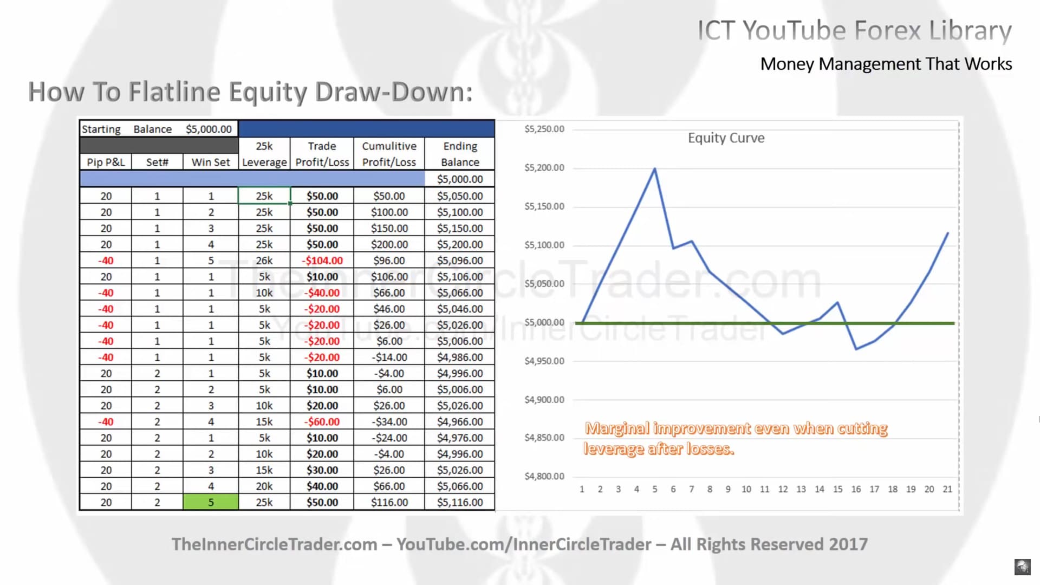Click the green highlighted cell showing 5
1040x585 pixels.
click(211, 502)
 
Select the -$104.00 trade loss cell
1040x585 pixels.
click(322, 261)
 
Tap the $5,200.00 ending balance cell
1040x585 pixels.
click(460, 244)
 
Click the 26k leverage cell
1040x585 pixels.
click(264, 261)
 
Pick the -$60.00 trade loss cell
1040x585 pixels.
click(322, 421)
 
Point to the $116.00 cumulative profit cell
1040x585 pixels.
click(389, 502)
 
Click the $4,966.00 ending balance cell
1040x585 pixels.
click(460, 421)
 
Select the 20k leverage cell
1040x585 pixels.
click(264, 486)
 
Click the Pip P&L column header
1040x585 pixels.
click(106, 162)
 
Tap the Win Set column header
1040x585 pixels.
click(211, 162)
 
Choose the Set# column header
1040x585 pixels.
click(157, 162)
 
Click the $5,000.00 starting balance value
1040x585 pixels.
click(209, 129)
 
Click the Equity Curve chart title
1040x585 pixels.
click(726, 138)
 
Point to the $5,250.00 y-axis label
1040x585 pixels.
click(544, 129)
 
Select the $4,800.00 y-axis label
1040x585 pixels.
click(544, 476)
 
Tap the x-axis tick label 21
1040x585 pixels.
click(947, 489)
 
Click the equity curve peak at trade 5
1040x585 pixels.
click(655, 168)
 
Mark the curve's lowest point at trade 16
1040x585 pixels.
click(856, 349)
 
